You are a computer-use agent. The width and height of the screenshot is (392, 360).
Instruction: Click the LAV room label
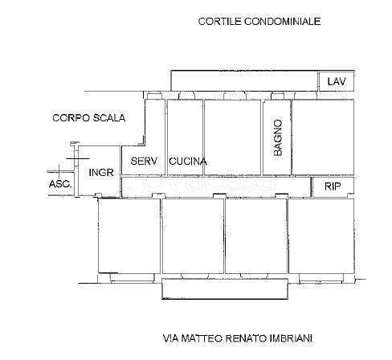(x=337, y=81)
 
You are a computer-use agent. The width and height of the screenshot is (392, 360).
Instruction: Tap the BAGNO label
(x=278, y=137)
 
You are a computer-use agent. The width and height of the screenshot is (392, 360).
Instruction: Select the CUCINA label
(x=188, y=162)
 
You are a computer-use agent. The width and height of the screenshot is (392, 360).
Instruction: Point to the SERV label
(x=144, y=161)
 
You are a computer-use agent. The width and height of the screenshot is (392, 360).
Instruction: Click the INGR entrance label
(x=101, y=172)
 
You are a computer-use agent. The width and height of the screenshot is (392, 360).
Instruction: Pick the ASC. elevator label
(x=60, y=184)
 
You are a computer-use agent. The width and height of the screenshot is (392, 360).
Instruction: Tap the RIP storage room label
(x=333, y=186)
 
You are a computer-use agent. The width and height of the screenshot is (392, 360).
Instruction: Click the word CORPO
(x=71, y=118)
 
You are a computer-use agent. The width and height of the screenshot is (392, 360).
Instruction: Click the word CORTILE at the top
(x=220, y=22)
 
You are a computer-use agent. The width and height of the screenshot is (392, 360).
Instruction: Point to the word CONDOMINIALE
(x=283, y=22)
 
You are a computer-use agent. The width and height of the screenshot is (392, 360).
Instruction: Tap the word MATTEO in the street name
(x=202, y=338)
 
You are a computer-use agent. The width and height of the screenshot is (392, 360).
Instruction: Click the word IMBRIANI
(x=291, y=338)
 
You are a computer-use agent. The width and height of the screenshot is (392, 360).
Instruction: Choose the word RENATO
(x=246, y=338)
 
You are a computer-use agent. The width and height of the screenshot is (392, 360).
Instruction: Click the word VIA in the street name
(x=171, y=338)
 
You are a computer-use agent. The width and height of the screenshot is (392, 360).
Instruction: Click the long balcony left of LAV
(x=244, y=80)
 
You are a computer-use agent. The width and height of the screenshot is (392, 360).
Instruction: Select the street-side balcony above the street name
(x=225, y=288)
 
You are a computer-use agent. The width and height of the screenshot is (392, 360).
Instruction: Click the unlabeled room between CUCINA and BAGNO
(x=232, y=137)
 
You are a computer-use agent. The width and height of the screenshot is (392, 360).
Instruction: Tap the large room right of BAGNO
(x=323, y=137)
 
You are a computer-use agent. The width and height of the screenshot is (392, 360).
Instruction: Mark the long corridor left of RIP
(x=216, y=186)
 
